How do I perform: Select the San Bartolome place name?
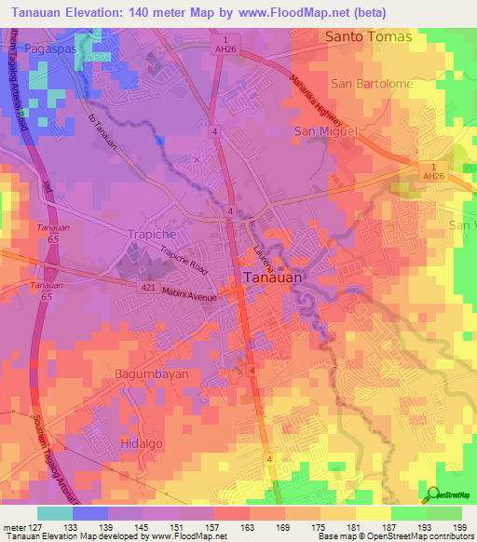coord(372,83)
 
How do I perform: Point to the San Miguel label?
coord(326,131)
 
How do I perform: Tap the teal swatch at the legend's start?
coord(55,513)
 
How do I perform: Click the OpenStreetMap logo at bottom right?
coord(448,495)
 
